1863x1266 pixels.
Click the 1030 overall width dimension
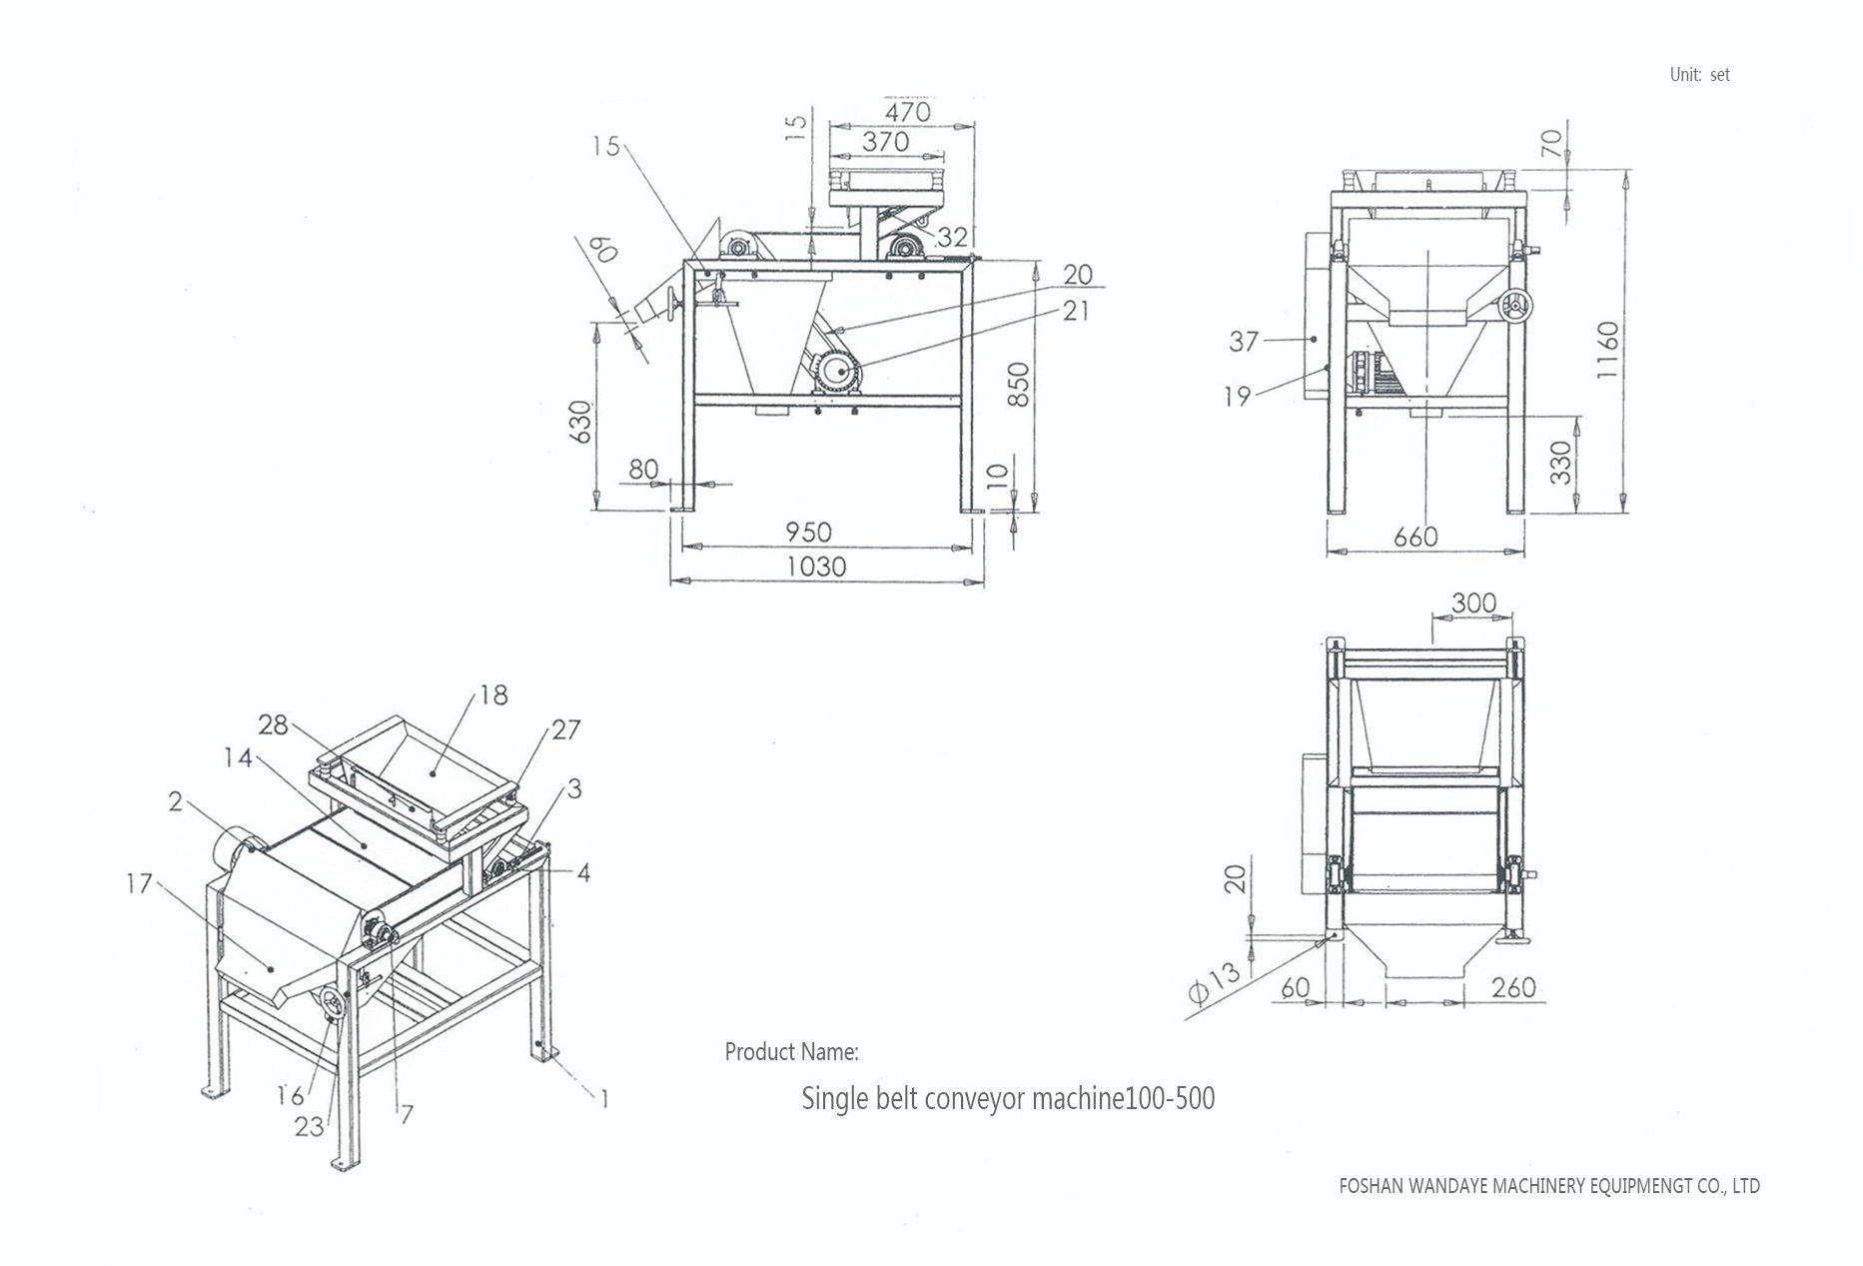click(x=816, y=568)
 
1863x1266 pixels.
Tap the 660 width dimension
click(x=1415, y=537)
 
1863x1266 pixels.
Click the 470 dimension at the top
click(x=907, y=111)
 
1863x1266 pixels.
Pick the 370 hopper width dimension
click(x=885, y=142)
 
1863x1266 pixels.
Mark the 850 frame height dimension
click(x=1017, y=382)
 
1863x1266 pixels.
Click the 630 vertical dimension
click(x=580, y=421)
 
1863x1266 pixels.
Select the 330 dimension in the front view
click(x=1560, y=464)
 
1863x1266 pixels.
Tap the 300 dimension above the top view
click(x=1473, y=603)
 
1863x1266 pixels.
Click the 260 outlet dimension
click(x=1512, y=987)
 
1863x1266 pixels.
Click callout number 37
click(x=1244, y=342)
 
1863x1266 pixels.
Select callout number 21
click(x=1076, y=311)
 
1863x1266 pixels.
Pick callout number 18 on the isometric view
click(x=493, y=694)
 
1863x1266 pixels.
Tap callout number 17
click(x=139, y=883)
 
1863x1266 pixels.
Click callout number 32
click(x=953, y=237)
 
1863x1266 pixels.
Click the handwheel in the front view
click(x=1512, y=306)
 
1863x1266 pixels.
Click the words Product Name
click(x=791, y=1051)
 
